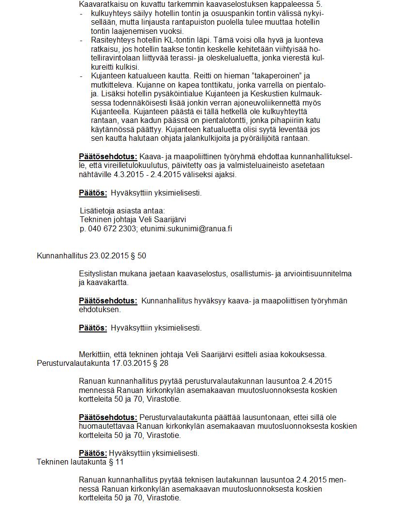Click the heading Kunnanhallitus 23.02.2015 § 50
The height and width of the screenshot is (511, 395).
point(91,255)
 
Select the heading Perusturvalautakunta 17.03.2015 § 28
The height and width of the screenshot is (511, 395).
point(103,363)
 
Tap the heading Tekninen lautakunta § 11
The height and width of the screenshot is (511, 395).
point(80,462)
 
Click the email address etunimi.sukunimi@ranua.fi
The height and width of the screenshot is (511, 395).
point(186,228)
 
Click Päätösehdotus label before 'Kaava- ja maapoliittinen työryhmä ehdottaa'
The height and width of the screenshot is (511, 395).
point(108,156)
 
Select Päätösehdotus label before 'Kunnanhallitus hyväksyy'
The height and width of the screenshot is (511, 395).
point(108,301)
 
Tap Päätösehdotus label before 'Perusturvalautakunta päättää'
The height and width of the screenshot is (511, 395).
point(108,417)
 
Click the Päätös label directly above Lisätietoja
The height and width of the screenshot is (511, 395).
point(93,193)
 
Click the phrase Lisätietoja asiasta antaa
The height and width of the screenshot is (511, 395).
point(122,210)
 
